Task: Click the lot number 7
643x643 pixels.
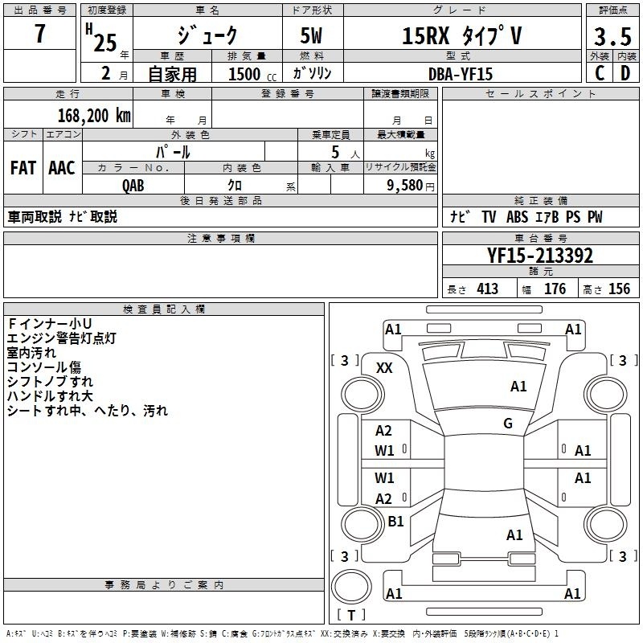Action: (39, 33)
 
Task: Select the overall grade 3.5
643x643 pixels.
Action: (612, 37)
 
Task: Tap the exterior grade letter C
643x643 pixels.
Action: (600, 73)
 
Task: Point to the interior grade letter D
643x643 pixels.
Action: (625, 73)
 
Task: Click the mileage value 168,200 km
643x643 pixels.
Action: (94, 116)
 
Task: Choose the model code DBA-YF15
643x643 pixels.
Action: (461, 74)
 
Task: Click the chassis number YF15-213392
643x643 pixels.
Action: (540, 256)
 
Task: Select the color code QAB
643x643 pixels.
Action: (133, 186)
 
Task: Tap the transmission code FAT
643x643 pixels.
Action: (23, 168)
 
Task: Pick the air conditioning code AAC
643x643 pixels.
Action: (62, 168)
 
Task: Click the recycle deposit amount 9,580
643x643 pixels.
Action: (405, 186)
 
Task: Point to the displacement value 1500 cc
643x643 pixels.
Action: (252, 74)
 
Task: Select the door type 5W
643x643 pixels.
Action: (312, 35)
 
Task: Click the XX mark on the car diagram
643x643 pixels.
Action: (384, 368)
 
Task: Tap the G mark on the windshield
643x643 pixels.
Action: (508, 424)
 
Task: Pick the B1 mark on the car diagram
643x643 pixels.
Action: (395, 521)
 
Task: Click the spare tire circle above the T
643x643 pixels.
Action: (351, 587)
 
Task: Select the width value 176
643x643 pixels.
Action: (555, 289)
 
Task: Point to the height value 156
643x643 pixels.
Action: (619, 289)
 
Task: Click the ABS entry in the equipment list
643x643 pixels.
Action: (517, 217)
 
